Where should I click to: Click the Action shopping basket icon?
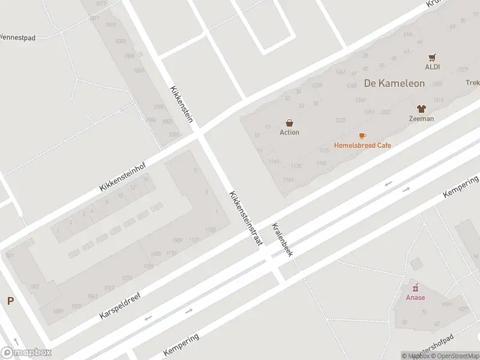(x=289, y=122)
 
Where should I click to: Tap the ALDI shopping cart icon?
(x=432, y=58)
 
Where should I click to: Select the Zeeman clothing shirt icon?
(x=421, y=109)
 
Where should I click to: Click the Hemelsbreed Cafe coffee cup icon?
(x=362, y=136)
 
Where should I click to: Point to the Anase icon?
(x=415, y=289)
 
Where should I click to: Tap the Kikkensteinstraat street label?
(x=246, y=218)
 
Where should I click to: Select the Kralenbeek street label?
(x=282, y=240)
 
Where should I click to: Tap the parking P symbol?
(x=10, y=301)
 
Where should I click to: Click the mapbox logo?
(x=26, y=353)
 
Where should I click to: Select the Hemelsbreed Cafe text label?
(x=362, y=145)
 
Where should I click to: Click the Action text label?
(x=289, y=133)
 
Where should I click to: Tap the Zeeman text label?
(x=421, y=119)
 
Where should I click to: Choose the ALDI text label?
(x=433, y=67)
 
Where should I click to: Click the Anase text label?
(x=415, y=298)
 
